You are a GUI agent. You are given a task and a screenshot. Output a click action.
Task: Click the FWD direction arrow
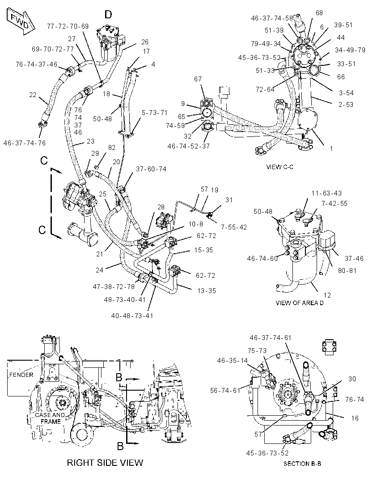tap(21, 21)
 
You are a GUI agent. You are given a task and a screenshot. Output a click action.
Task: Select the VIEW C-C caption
tap(279, 167)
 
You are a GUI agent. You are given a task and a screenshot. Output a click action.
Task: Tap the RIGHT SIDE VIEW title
tap(105, 463)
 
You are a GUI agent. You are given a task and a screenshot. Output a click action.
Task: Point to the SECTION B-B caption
tap(302, 464)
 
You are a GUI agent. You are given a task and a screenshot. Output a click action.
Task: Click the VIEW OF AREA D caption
tap(299, 303)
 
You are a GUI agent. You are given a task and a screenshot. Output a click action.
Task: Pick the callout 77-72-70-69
tap(68, 26)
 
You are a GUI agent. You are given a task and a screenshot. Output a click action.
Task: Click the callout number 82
tap(112, 148)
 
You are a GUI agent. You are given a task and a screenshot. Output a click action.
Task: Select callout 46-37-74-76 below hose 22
tap(25, 143)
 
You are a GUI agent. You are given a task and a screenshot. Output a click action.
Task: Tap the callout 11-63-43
tap(326, 193)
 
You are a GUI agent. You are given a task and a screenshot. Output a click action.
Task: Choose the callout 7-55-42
tap(234, 227)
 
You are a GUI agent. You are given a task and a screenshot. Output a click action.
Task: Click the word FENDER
tap(21, 375)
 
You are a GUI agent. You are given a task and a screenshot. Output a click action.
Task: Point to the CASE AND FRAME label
tap(50, 418)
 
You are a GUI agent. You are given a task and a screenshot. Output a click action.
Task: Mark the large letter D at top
tap(108, 14)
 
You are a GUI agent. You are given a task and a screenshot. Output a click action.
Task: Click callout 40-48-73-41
tap(132, 316)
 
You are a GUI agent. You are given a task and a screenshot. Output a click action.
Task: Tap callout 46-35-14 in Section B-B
tap(233, 361)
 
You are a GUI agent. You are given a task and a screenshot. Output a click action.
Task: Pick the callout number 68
tap(319, 13)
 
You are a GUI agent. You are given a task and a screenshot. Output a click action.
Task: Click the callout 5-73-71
tap(154, 113)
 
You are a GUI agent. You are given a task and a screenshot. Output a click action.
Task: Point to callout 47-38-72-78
tap(114, 286)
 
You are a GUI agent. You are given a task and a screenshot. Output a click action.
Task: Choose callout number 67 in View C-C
tap(198, 79)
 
